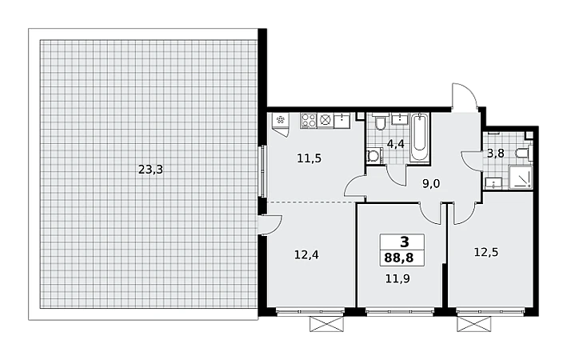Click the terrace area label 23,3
(151, 170)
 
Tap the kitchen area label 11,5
(309, 158)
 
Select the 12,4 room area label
(306, 255)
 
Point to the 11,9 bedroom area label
(397, 278)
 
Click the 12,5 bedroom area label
(486, 252)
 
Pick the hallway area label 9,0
(431, 184)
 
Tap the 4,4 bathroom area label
(396, 144)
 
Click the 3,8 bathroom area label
(495, 154)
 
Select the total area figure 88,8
(399, 258)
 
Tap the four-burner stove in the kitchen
(308, 120)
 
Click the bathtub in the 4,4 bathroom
(420, 138)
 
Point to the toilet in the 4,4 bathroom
(380, 122)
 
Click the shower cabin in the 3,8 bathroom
(521, 177)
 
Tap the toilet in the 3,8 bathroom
(524, 152)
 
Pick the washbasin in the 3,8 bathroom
(493, 183)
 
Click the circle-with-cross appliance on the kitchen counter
(325, 120)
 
